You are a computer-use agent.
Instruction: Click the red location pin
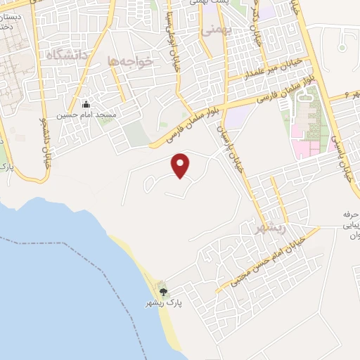pos(181,165)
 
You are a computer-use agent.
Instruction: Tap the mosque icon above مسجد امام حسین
pos(86,103)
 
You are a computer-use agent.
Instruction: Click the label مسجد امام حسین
pos(86,113)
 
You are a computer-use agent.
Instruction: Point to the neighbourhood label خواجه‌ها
pos(131,62)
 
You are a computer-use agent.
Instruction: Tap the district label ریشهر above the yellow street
pos(269,228)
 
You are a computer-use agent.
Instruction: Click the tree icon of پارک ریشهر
pos(163,292)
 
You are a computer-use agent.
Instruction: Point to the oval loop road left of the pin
pos(150,184)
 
